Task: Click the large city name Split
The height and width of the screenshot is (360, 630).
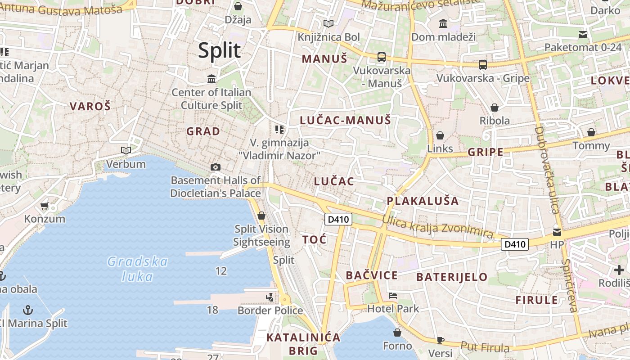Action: (x=220, y=50)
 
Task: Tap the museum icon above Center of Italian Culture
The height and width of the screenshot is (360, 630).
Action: (x=211, y=79)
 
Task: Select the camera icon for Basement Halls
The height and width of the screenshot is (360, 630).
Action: (x=216, y=167)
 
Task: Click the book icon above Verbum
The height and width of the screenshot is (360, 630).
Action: (x=126, y=150)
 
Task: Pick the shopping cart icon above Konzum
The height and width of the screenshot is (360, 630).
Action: (x=44, y=206)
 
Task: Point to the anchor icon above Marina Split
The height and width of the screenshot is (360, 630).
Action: (x=28, y=310)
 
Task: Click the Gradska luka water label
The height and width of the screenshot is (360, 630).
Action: (x=138, y=269)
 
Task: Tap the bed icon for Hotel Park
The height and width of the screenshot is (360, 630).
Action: (x=393, y=296)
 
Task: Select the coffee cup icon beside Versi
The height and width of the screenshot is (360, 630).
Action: (x=440, y=340)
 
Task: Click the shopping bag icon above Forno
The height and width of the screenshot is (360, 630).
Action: (x=397, y=333)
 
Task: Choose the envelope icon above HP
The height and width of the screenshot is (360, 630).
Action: (x=557, y=232)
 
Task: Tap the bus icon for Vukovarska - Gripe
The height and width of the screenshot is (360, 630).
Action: (x=483, y=65)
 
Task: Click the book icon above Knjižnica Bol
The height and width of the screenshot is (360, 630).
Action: (x=329, y=23)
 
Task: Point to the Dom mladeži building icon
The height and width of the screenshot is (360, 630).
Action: (x=443, y=23)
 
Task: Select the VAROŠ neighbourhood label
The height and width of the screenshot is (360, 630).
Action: (x=90, y=107)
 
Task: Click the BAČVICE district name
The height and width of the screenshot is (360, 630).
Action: (x=372, y=275)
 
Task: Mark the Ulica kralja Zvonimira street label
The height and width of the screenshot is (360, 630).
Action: (x=437, y=227)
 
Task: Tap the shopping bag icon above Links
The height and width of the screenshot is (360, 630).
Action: (x=440, y=135)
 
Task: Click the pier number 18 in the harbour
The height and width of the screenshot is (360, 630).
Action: (x=212, y=310)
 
